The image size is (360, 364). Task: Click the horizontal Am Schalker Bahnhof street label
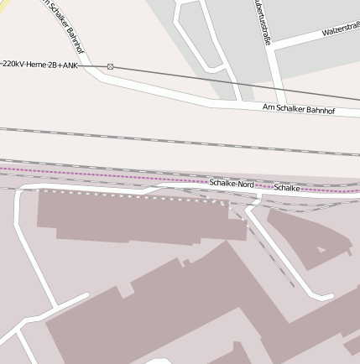click(x=298, y=109)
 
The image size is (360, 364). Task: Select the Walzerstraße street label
click(x=340, y=30)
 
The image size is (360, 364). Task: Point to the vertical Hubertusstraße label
click(x=262, y=21)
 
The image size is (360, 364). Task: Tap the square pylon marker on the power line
click(x=110, y=66)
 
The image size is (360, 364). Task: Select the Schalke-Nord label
click(x=232, y=184)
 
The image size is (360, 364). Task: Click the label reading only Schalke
click(x=287, y=188)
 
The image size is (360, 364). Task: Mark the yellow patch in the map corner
click(x=4, y=4)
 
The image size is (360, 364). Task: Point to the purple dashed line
click(x=101, y=174)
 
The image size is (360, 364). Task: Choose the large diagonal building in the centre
click(x=168, y=310)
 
